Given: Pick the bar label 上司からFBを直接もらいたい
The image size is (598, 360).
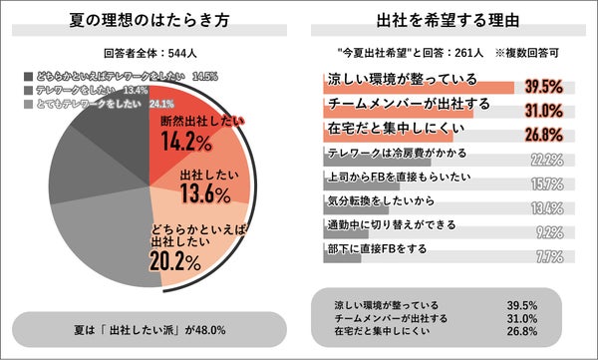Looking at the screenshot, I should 399,176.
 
